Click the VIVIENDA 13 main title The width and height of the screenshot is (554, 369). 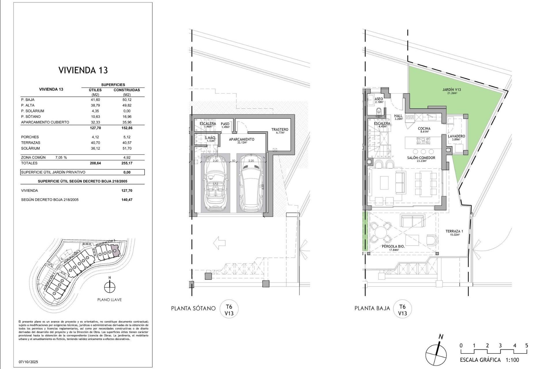tap(83, 70)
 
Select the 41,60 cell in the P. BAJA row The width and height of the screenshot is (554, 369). tap(95, 100)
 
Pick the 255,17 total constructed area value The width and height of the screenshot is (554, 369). tap(127, 163)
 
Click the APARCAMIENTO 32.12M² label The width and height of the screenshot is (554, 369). tap(242, 140)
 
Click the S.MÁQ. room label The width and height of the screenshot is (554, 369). tap(210, 139)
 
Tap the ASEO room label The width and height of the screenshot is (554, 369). tap(379, 100)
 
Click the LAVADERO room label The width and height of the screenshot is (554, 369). tap(456, 138)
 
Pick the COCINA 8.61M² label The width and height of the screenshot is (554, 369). tap(424, 130)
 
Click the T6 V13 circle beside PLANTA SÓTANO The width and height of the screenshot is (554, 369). tap(229, 309)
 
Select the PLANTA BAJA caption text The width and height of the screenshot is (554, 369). tap(372, 308)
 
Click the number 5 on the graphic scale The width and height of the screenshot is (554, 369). tap(527, 345)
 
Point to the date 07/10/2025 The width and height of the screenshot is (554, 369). tap(28, 362)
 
